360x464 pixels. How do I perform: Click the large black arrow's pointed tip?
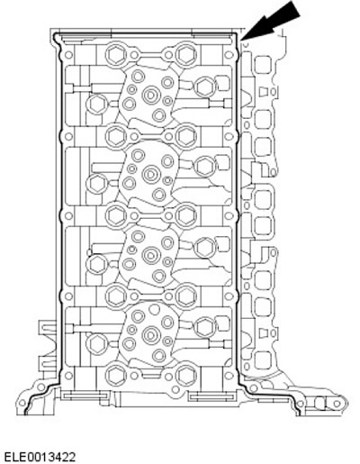tap(241, 40)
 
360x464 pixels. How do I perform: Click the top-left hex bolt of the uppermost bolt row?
tap(115, 54)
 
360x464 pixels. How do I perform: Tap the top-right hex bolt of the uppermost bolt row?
tap(184, 54)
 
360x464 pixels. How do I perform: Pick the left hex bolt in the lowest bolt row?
tap(115, 375)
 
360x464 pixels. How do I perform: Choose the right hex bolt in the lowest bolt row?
tap(184, 375)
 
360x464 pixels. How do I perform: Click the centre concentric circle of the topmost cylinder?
tap(150, 95)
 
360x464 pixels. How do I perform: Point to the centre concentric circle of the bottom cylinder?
tap(150, 335)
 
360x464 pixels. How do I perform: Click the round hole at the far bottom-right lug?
tap(337, 404)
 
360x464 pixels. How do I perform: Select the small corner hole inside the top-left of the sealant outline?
tap(68, 55)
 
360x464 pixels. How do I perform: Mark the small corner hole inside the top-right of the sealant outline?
tap(229, 55)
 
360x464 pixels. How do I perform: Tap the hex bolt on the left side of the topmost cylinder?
tap(96, 104)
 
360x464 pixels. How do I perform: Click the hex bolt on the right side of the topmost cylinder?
tap(205, 86)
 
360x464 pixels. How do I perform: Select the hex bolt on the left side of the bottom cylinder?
tap(96, 343)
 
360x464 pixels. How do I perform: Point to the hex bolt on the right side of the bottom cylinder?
tap(205, 327)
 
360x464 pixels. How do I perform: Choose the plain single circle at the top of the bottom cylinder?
tap(154, 309)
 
